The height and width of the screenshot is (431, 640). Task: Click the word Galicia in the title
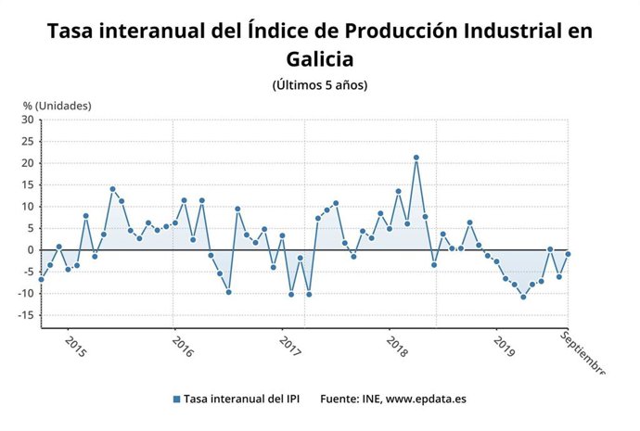click(320, 59)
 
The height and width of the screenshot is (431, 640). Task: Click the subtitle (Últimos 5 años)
click(320, 85)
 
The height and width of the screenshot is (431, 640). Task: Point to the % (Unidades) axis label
click(58, 105)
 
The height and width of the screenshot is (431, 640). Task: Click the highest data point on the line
click(416, 158)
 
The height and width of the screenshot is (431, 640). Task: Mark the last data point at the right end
click(568, 254)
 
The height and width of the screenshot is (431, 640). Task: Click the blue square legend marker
click(175, 399)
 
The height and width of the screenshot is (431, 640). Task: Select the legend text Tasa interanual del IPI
click(236, 399)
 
